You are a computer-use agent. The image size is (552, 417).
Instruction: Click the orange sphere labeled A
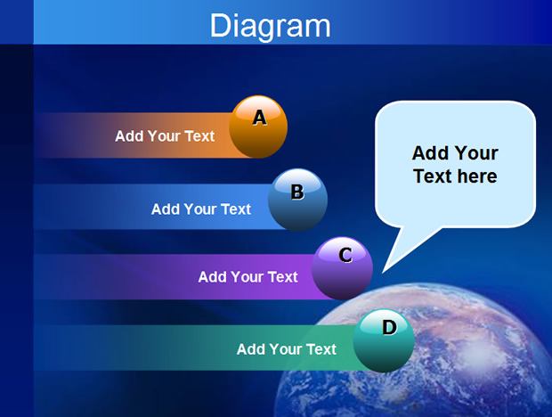(258, 127)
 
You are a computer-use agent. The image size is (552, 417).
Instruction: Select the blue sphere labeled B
(298, 200)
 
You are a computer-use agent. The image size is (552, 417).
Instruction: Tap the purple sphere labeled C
(342, 268)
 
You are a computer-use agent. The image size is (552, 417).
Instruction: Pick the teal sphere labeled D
(384, 340)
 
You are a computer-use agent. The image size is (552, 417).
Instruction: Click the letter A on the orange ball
(260, 118)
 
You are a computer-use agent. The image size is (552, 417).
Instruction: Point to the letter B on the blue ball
(297, 192)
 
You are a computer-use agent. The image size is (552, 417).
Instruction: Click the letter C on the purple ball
(345, 255)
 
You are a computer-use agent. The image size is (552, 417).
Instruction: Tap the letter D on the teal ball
(389, 328)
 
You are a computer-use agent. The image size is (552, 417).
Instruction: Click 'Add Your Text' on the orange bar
(165, 136)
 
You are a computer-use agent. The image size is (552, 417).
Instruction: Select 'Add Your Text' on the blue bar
(201, 209)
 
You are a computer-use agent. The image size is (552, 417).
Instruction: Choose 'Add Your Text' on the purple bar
(248, 277)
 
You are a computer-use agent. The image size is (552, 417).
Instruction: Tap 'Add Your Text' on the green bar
(287, 349)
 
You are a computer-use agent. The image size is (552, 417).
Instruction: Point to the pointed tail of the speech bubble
(383, 273)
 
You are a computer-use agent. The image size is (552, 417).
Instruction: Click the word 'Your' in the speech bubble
(476, 153)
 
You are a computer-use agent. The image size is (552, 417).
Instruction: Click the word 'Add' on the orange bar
(128, 136)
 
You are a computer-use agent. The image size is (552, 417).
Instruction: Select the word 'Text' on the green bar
(321, 349)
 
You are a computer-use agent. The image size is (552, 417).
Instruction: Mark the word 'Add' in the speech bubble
(430, 153)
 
